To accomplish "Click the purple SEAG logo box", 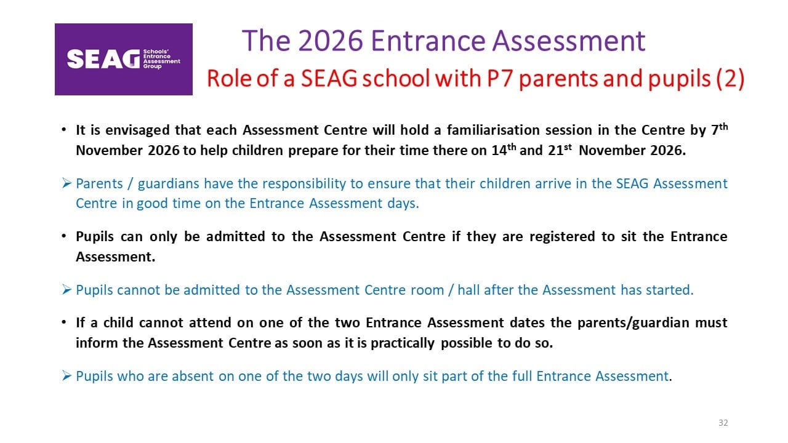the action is pyautogui.click(x=124, y=59).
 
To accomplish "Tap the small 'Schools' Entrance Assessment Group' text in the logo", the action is pyautogui.click(x=161, y=58).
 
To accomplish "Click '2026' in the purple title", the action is pyautogui.click(x=331, y=41).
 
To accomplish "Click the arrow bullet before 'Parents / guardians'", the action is pyautogui.click(x=66, y=183).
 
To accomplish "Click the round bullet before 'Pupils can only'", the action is pyautogui.click(x=63, y=236).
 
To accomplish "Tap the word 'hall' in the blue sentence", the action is pyautogui.click(x=468, y=290).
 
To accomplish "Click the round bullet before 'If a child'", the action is pyautogui.click(x=63, y=322).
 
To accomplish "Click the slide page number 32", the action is pyautogui.click(x=723, y=423).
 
